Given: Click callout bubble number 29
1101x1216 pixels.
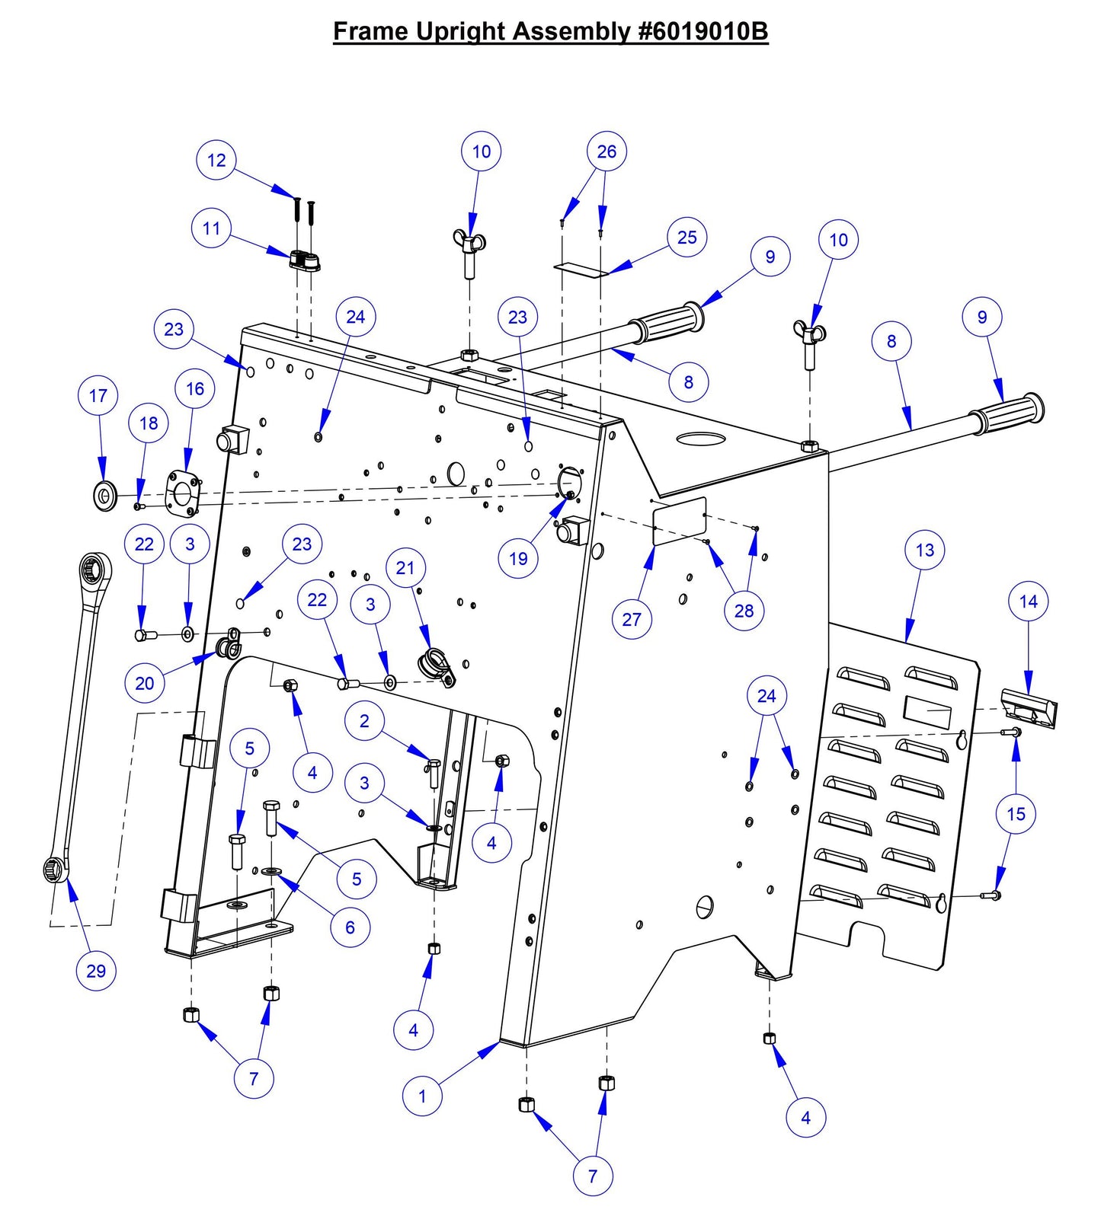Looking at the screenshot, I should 96,970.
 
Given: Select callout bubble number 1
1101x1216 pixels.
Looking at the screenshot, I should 422,1096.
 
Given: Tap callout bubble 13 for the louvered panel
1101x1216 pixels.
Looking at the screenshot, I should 924,550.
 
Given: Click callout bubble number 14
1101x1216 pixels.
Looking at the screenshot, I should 1028,602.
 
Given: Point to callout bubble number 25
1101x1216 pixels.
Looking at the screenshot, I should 687,238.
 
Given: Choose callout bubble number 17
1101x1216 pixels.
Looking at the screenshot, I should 98,395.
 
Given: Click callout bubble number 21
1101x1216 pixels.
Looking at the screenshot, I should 405,567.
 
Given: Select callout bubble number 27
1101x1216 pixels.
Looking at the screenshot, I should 632,619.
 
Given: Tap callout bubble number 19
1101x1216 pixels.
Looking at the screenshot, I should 518,558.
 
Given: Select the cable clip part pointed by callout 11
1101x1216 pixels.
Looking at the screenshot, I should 305,260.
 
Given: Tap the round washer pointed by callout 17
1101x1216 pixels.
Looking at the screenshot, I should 104,496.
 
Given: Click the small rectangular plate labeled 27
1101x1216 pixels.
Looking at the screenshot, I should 680,522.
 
